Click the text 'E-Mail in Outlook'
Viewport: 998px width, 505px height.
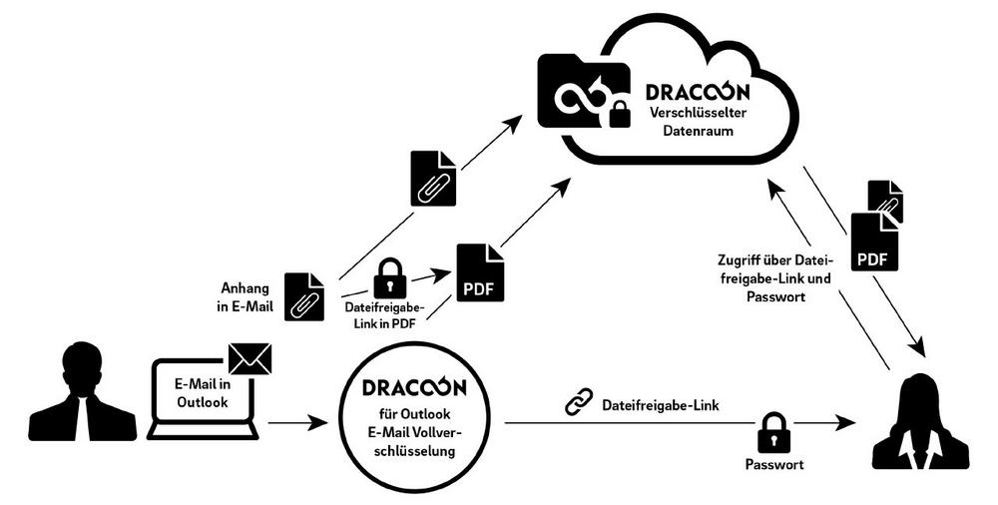click(203, 392)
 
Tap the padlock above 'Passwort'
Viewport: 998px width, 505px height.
click(773, 432)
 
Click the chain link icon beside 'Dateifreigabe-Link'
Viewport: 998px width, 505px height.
click(580, 403)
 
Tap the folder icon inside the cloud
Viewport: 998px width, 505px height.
click(584, 93)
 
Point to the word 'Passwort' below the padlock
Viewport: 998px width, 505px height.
click(774, 464)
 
